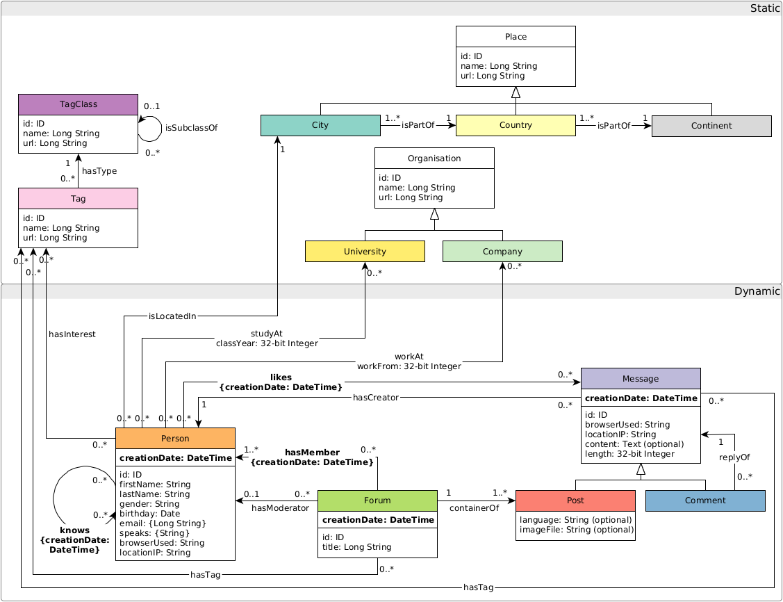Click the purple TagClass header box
click(78, 104)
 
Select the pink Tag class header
click(78, 198)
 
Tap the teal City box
click(320, 126)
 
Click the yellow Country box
click(516, 126)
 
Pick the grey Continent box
click(711, 126)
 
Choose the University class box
click(365, 251)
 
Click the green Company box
click(502, 251)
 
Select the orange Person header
click(175, 439)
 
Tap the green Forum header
click(377, 501)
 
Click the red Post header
click(575, 501)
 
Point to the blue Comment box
click(705, 501)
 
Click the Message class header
click(641, 379)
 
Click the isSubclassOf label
click(191, 128)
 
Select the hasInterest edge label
click(72, 334)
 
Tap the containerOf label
click(475, 508)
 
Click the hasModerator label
click(280, 508)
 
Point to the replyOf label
click(734, 457)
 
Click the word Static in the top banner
click(765, 8)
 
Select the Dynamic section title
click(757, 291)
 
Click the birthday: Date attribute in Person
click(149, 514)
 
